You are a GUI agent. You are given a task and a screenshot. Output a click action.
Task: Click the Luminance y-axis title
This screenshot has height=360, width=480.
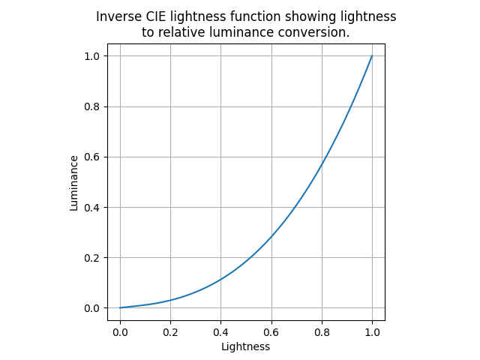pos(74,182)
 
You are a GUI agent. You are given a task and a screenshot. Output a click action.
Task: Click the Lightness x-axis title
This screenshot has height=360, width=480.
pos(245,346)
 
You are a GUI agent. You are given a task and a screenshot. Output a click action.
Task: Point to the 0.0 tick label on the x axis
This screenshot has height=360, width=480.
pos(120,331)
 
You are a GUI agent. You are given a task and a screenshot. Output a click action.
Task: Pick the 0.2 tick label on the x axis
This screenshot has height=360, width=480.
pos(170,331)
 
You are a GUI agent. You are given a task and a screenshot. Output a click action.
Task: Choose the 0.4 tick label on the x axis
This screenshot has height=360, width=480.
pos(220,331)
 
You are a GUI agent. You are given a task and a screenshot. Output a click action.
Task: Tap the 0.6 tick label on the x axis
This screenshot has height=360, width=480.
pos(271,331)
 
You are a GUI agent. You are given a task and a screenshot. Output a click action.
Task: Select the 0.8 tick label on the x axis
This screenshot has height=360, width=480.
pos(322,331)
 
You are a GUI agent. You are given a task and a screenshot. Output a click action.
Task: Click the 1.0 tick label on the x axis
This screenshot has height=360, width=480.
pos(372,331)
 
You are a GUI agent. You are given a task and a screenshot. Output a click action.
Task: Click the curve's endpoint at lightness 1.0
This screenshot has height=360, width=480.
pos(372,55)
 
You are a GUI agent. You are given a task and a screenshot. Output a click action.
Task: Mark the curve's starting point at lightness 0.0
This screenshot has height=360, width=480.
pos(120,307)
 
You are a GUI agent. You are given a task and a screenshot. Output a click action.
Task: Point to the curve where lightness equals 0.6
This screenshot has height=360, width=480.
pos(271,237)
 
